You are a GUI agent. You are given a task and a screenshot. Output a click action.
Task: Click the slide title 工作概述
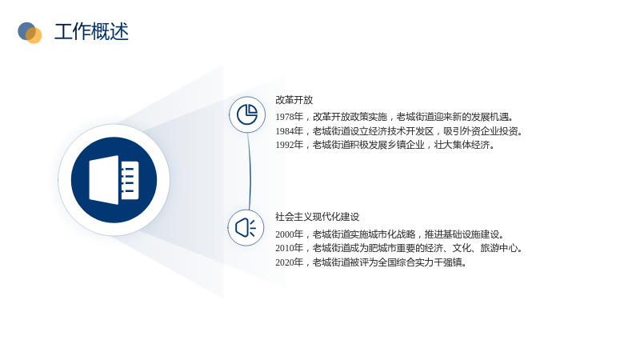(x=91, y=32)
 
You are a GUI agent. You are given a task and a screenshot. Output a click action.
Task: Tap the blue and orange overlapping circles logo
(x=30, y=33)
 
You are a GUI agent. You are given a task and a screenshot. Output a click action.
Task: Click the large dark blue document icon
(x=114, y=180)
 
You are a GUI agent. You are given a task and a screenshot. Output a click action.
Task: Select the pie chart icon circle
(x=247, y=114)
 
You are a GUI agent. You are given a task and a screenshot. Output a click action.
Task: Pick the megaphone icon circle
(x=246, y=228)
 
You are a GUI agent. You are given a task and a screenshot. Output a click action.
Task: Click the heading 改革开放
(x=294, y=100)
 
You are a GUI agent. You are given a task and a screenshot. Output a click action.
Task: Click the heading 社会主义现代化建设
(x=317, y=217)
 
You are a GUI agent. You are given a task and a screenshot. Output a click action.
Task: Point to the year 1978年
(x=289, y=117)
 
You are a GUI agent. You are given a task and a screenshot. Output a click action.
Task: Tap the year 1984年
(x=289, y=131)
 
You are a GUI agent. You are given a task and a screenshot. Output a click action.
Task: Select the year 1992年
(x=289, y=145)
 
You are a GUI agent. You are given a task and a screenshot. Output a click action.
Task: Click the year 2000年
(x=289, y=234)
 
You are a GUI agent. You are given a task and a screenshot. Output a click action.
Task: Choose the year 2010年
(x=289, y=248)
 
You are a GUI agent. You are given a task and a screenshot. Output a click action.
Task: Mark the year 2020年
(x=289, y=262)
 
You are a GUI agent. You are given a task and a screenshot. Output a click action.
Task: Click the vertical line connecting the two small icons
(x=250, y=171)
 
